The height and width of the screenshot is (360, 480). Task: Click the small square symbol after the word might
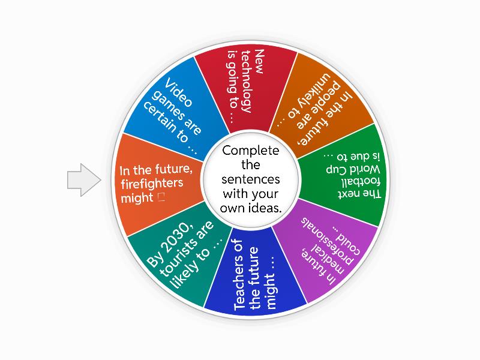coord(160,197)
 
